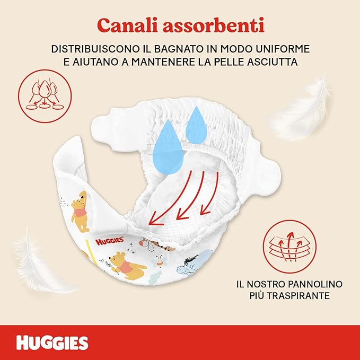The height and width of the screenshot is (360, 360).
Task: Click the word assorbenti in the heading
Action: pos(214,25)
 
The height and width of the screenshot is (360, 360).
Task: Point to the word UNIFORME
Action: pos(283,49)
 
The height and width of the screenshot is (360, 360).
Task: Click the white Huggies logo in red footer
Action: pos(52,343)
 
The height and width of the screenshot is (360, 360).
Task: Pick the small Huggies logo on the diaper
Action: pos(110,241)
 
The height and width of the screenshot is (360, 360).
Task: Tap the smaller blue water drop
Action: pos(196,125)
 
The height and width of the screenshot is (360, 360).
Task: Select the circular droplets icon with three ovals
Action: pos(45,96)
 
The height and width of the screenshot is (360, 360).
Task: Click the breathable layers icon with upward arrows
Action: pos(289,247)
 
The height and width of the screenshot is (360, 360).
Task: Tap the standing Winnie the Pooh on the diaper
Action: pos(80,211)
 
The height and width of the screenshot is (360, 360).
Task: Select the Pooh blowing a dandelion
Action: pos(127,266)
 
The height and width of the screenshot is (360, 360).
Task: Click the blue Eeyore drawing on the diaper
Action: pos(191,264)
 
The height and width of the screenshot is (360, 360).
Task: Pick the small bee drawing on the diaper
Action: pos(159,261)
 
